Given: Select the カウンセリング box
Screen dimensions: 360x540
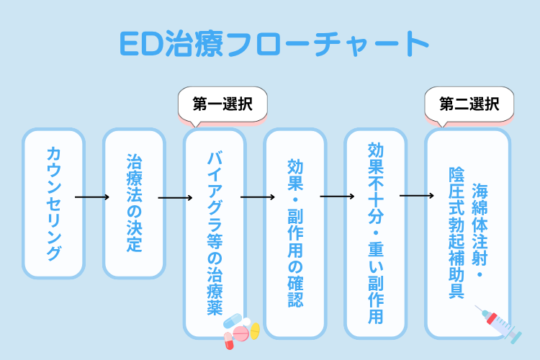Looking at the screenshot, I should [53, 203].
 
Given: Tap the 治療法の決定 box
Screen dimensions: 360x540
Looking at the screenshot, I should [134, 203].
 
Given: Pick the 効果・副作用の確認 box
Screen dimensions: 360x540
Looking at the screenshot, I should [295, 232].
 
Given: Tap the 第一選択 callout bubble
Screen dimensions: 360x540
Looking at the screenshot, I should [222, 104].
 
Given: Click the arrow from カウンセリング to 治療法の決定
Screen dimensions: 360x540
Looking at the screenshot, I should [92, 197].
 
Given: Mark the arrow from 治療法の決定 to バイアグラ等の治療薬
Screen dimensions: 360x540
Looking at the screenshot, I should [175, 197].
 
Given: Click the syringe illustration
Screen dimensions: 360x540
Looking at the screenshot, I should [498, 323].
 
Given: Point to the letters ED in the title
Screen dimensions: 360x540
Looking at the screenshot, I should [135, 45].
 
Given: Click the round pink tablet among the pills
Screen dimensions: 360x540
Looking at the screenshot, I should [240, 333].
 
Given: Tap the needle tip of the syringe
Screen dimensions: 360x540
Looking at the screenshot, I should [478, 307].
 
